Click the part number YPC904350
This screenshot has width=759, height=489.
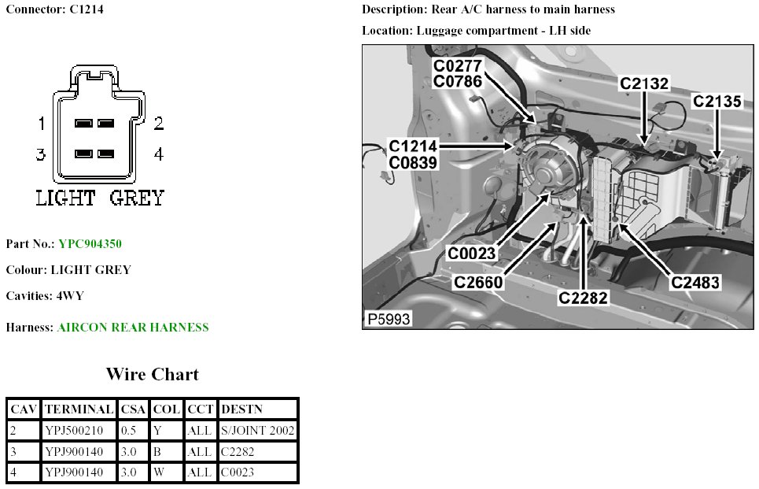point(90,244)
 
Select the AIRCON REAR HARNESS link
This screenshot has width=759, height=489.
point(133,328)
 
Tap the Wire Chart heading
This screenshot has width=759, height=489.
point(153,374)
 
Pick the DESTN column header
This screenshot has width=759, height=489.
point(242,409)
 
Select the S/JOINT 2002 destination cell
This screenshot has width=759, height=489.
point(257,431)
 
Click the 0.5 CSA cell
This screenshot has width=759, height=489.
point(128,431)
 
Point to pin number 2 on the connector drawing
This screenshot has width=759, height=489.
point(158,124)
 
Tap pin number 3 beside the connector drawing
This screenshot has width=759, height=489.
point(41,154)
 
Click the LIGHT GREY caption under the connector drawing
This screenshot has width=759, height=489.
point(100,198)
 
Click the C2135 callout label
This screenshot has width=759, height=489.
point(717,102)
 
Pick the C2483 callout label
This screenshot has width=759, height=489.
point(695,282)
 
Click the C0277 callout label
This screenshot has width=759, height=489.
point(457,65)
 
